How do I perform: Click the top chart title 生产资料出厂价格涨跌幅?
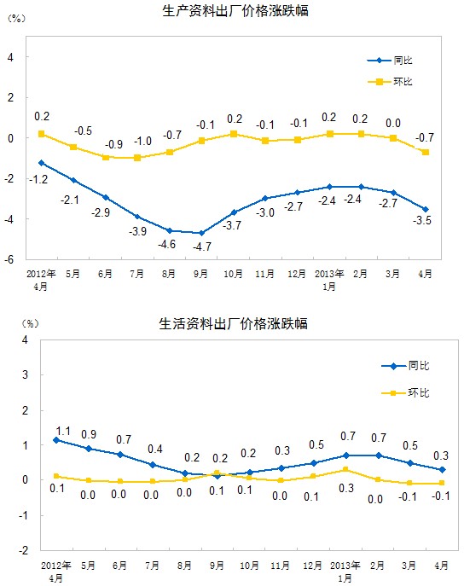tap(235, 10)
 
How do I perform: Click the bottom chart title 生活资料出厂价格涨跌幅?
tap(233, 323)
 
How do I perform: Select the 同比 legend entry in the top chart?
tap(390, 61)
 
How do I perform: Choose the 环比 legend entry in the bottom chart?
tap(405, 392)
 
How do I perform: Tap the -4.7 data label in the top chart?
tap(202, 247)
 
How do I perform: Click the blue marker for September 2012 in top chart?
tap(202, 233)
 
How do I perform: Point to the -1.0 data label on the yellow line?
tap(142, 142)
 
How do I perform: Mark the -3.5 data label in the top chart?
tap(422, 220)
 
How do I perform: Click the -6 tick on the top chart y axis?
tap(9, 259)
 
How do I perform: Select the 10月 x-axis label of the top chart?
tap(233, 274)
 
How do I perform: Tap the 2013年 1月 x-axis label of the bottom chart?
tap(345, 571)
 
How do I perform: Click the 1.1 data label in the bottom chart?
tap(63, 432)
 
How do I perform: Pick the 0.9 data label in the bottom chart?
tap(89, 434)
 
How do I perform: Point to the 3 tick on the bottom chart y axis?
tap(25, 374)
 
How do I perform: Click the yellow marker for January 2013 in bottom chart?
tap(345, 469)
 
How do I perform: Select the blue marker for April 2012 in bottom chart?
tap(56, 440)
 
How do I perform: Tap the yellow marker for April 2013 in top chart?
tap(426, 152)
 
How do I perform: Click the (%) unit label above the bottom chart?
tap(30, 323)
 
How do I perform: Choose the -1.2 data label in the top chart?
tap(38, 180)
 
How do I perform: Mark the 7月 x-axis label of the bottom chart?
tap(152, 566)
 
